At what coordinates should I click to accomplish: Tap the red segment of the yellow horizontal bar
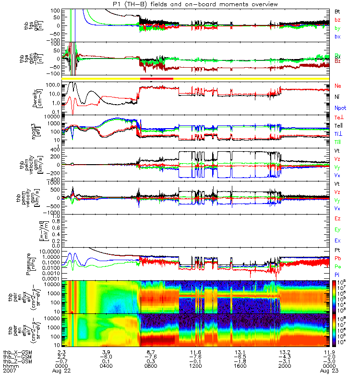point(156,78)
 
